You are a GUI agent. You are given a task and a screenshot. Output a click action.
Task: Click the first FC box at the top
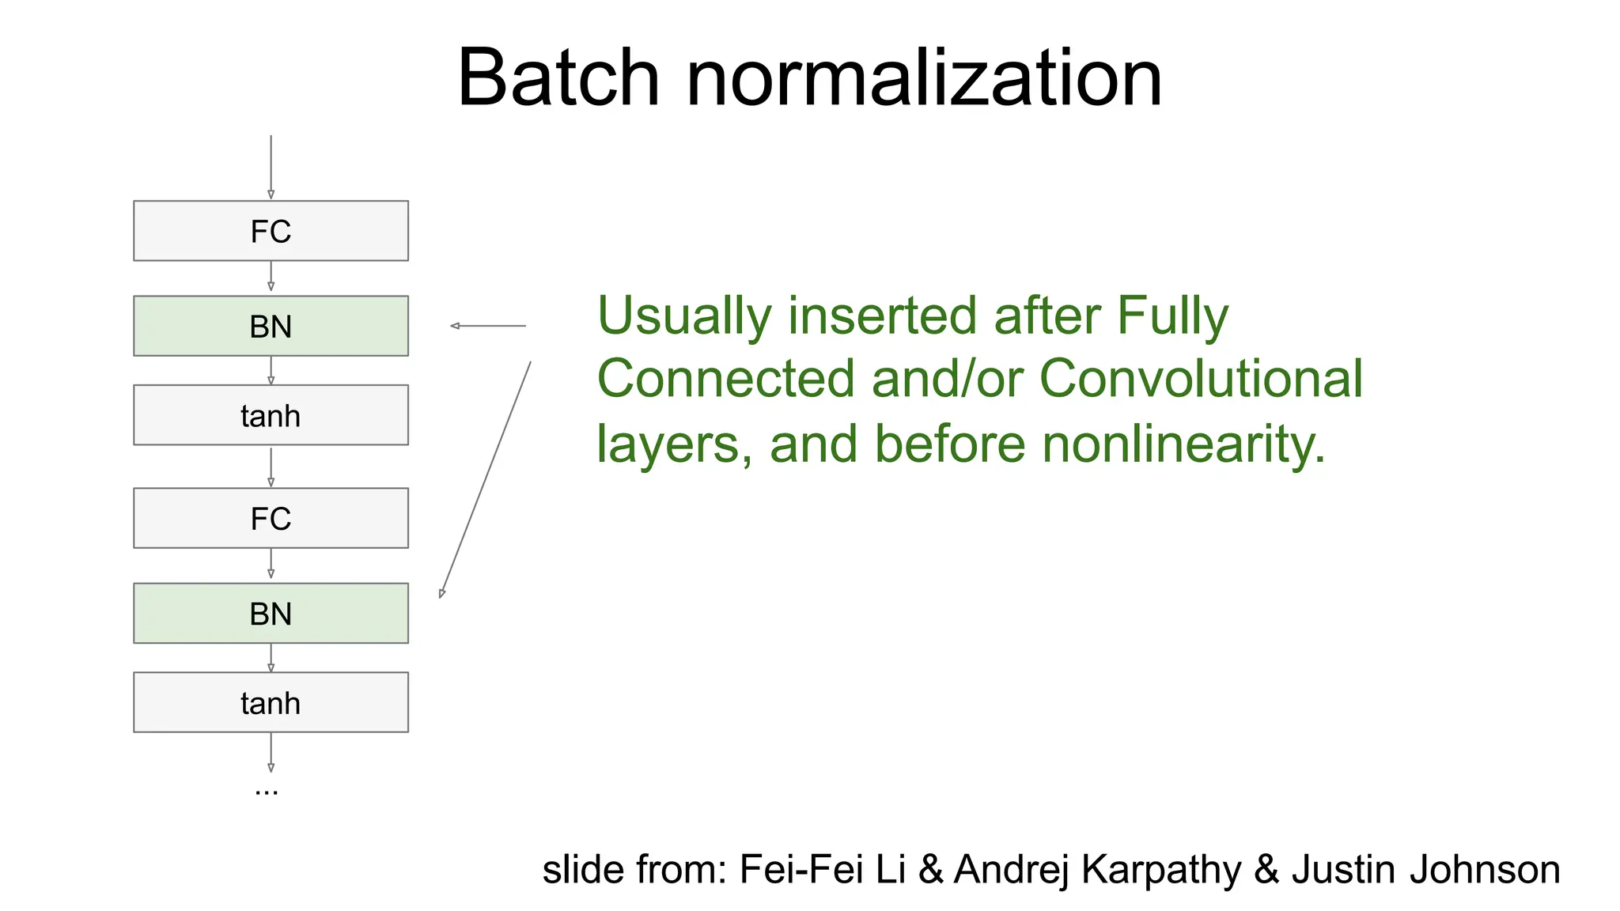271,231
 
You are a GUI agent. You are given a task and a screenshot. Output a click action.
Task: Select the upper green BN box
271,326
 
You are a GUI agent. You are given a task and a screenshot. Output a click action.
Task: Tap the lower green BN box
271,613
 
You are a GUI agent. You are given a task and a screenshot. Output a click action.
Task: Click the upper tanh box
271,415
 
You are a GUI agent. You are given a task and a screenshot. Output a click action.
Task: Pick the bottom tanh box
271,702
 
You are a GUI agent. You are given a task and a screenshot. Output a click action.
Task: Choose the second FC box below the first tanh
271,518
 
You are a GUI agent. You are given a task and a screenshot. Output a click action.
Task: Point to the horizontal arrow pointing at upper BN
487,326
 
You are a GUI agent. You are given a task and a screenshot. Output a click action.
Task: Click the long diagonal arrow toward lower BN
485,479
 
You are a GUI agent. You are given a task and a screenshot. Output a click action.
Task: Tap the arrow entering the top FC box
271,166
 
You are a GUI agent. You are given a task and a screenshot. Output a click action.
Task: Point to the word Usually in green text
683,316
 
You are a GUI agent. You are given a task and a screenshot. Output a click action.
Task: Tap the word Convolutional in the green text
1201,378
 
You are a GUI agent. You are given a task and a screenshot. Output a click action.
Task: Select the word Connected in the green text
725,378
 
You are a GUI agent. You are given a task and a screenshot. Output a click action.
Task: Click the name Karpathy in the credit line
1161,870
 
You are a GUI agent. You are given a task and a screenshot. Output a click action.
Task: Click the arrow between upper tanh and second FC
271,467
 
